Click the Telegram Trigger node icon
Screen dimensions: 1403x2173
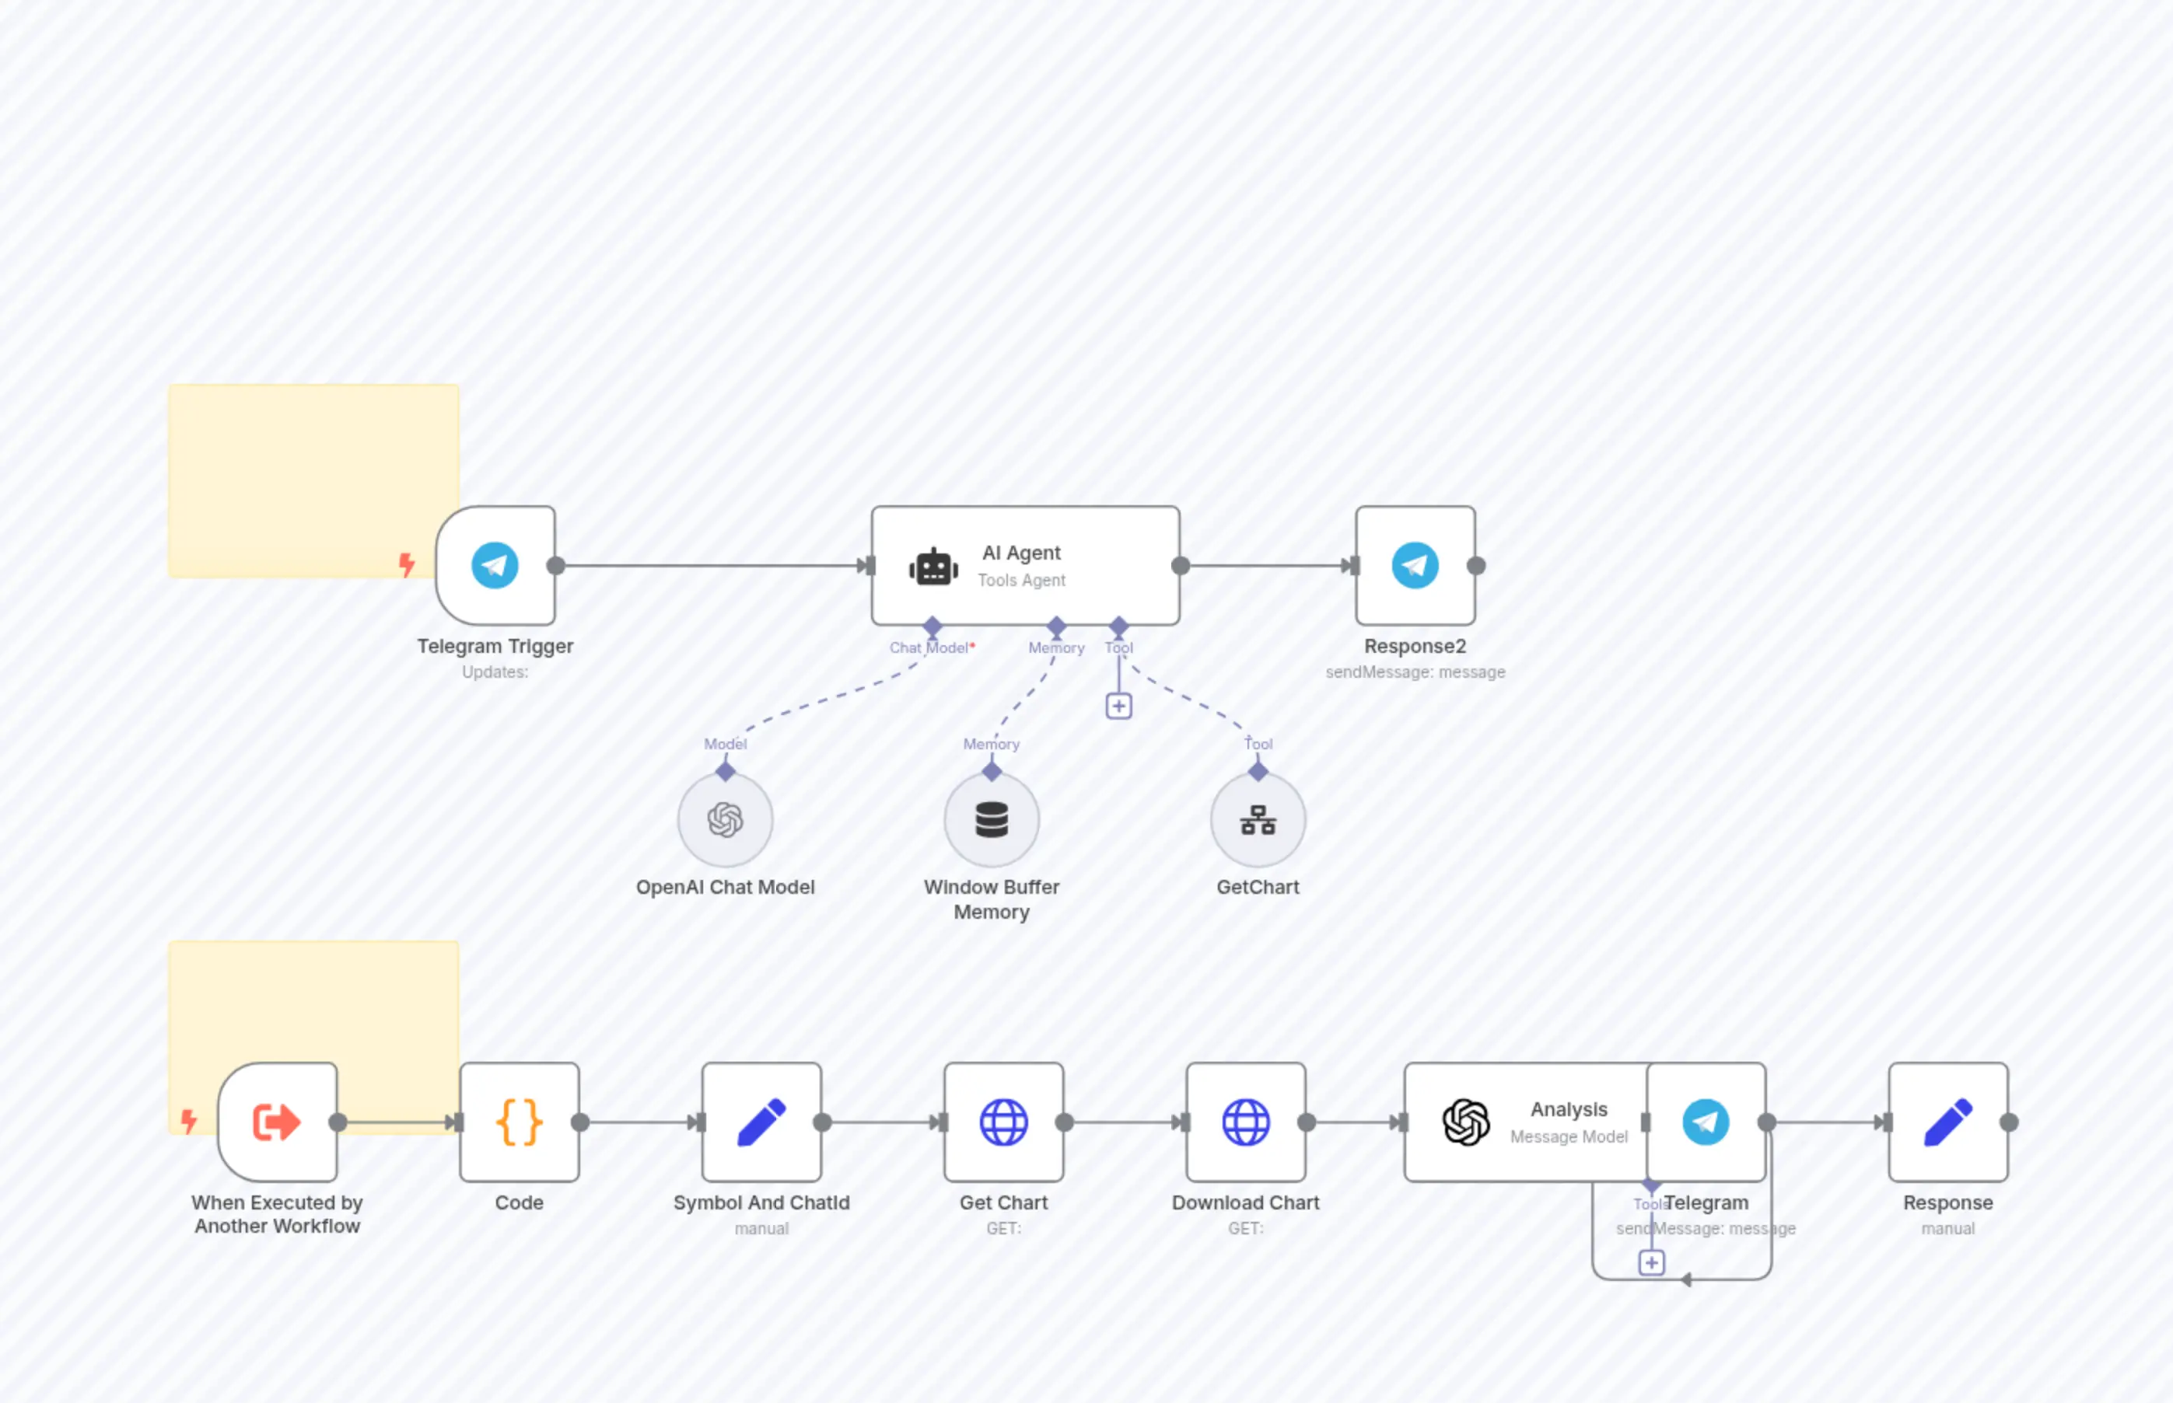pos(495,566)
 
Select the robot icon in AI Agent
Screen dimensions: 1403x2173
pos(933,567)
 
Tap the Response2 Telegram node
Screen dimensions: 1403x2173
pos(1415,566)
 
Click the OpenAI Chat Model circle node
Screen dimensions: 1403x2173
pos(726,820)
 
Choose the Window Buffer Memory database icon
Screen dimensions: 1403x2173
pos(992,820)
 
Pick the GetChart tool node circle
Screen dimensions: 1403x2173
pos(1258,820)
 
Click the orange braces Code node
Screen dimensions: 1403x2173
pos(520,1122)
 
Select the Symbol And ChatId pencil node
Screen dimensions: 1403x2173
pos(762,1122)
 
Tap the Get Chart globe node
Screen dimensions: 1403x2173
pos(1003,1122)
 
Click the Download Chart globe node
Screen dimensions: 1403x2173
pos(1246,1122)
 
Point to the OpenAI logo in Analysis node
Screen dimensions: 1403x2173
pos(1467,1122)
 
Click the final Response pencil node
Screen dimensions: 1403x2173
pos(1948,1122)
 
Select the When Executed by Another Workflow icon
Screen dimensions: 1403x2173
pos(277,1122)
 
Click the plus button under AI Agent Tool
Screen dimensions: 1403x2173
pos(1119,706)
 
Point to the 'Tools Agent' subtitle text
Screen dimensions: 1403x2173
pos(1022,581)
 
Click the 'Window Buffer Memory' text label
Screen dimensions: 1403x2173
pos(992,899)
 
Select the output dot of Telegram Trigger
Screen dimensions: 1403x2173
pos(556,566)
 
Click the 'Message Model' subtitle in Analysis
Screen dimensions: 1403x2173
pos(1569,1137)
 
